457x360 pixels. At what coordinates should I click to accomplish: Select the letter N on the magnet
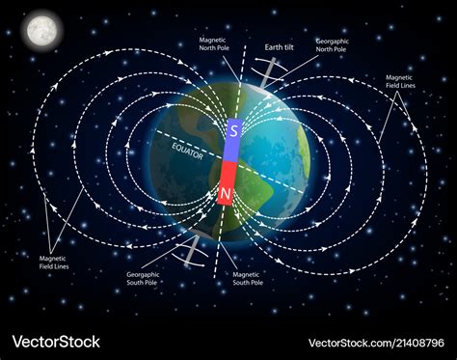point(226,193)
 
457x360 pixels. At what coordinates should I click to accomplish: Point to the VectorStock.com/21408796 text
point(376,343)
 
